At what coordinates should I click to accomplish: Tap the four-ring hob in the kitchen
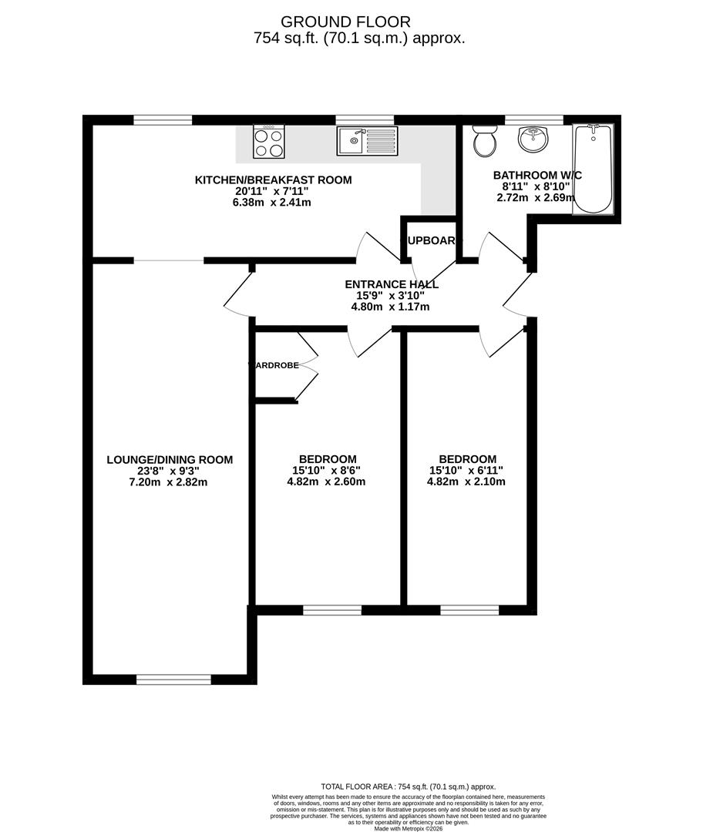point(269,142)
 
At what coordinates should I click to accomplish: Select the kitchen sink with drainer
point(366,141)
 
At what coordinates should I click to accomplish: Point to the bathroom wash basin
point(533,139)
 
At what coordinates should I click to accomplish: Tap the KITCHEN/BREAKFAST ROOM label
point(273,180)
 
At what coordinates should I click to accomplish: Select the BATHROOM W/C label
point(537,176)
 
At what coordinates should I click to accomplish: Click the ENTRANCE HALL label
point(392,284)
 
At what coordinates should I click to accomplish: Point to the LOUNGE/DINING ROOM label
point(170,460)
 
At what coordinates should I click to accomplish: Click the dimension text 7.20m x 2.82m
point(170,482)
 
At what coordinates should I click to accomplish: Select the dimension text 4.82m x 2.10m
point(467,482)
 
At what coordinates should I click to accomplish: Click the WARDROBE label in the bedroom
point(274,365)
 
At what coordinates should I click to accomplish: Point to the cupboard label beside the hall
point(431,240)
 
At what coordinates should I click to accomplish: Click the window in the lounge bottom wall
point(173,679)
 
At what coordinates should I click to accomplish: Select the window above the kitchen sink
point(365,119)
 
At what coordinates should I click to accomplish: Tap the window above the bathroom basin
point(533,119)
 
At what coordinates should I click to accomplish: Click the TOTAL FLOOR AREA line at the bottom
point(408,787)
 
